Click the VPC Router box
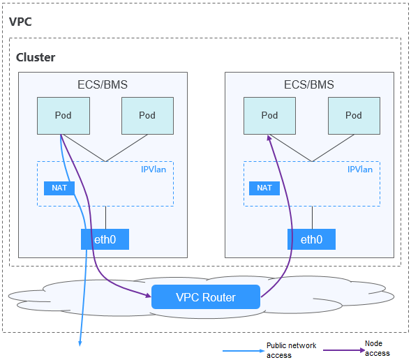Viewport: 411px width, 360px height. (x=206, y=297)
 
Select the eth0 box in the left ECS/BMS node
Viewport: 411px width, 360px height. (x=105, y=239)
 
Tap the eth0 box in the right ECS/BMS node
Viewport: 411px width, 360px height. (x=311, y=239)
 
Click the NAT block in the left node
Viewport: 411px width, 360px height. (x=59, y=188)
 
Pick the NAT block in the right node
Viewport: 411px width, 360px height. (x=264, y=188)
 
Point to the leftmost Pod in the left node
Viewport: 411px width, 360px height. (x=63, y=116)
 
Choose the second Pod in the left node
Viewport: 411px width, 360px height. (x=147, y=116)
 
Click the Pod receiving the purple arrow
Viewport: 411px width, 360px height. (x=270, y=116)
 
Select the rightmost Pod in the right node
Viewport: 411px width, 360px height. (x=354, y=116)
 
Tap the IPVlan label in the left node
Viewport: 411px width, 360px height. (x=154, y=170)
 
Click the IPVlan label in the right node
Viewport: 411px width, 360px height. (x=360, y=170)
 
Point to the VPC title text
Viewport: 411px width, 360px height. (x=20, y=22)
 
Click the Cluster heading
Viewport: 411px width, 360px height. (x=36, y=57)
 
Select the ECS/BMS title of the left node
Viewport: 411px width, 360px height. (x=103, y=84)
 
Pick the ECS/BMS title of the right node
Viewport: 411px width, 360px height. (x=309, y=84)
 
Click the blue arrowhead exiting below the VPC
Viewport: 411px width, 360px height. (x=80, y=343)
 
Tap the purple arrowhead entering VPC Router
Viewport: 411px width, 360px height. (x=149, y=295)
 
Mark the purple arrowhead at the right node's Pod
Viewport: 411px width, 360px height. (x=269, y=138)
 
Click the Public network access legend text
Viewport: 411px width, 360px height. (x=292, y=350)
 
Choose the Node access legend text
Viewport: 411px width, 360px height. (x=378, y=348)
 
